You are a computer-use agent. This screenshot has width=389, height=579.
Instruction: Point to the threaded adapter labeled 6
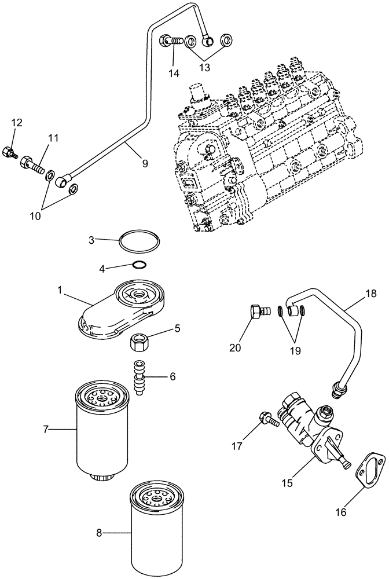140,377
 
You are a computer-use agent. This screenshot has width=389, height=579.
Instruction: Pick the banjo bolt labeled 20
258,311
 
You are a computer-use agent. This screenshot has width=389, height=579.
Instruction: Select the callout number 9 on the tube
145,164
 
